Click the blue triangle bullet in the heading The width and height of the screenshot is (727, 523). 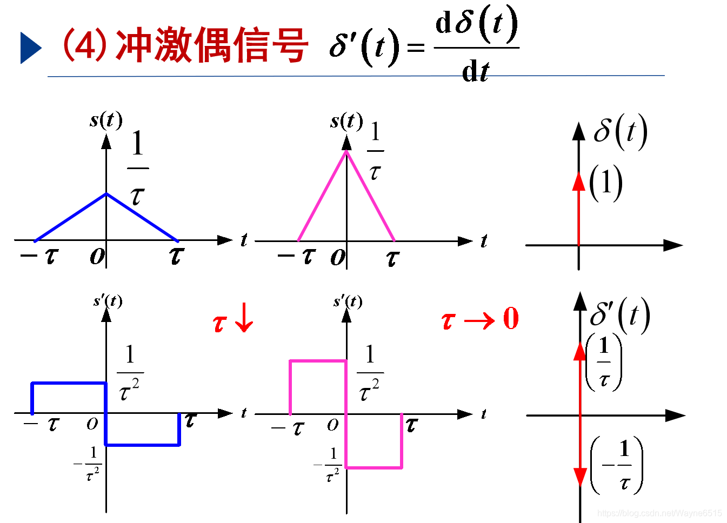pos(30,48)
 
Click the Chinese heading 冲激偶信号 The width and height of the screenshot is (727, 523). pos(212,45)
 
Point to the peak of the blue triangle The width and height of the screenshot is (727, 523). pos(106,193)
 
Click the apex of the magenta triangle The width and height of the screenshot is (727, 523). pos(346,151)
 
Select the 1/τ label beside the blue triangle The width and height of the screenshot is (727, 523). pos(138,169)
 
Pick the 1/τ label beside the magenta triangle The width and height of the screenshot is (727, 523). pos(375,151)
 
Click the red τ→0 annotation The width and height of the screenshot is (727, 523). pos(479,319)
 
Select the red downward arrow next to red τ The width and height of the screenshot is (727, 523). pos(245,318)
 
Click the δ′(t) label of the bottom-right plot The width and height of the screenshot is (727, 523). pos(619,315)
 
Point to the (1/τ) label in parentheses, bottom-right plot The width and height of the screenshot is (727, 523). pos(604,362)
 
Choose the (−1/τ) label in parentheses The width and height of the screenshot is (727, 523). pos(617,465)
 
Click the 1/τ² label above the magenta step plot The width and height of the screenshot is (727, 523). pos(370,373)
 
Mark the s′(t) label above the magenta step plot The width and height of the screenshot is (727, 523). pos(348,301)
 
